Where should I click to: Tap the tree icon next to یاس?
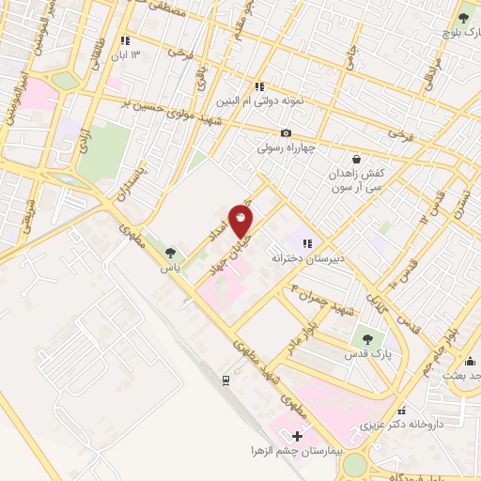(170, 252)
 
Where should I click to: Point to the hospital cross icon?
(298, 436)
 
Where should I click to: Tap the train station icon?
(225, 380)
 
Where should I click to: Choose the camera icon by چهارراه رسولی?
(287, 132)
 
